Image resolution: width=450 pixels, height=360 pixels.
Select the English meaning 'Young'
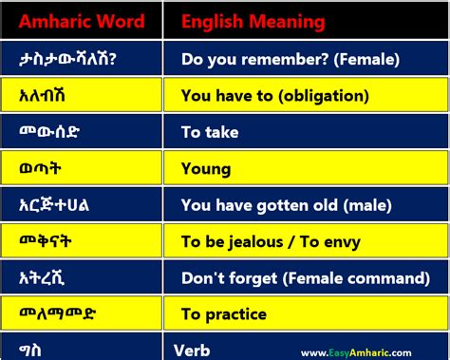[206, 168]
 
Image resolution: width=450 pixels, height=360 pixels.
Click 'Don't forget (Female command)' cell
[304, 278]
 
